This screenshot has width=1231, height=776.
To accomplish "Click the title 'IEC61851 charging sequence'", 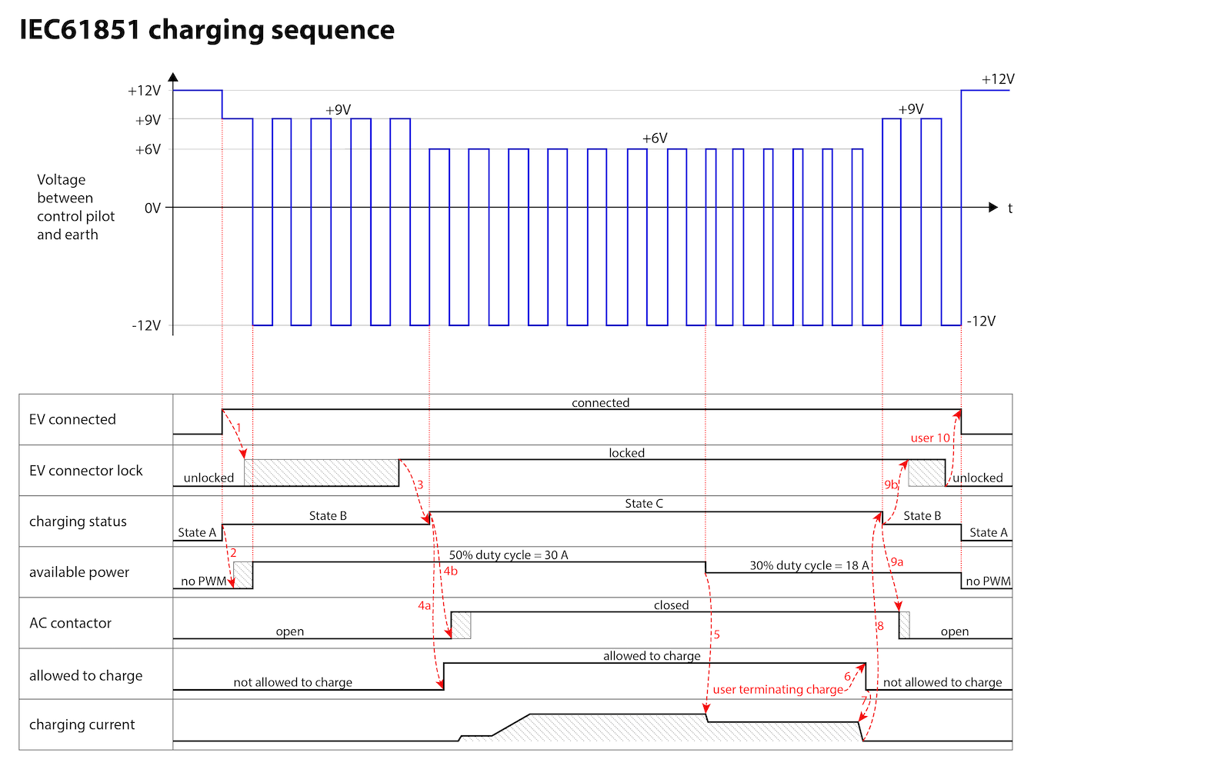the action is click(207, 30).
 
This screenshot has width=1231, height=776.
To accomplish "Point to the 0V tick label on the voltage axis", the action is click(153, 208).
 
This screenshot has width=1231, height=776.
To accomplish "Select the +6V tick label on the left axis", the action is click(148, 149).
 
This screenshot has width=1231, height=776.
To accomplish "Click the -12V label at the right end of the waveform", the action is click(981, 321).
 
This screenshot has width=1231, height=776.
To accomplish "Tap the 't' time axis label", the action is click(1010, 208).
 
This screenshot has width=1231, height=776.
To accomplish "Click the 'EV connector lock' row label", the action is click(85, 471).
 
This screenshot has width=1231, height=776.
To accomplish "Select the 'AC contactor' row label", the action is click(70, 623).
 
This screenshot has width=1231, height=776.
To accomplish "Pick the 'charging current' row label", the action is click(82, 725).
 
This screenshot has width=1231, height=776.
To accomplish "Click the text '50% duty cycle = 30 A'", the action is click(509, 555).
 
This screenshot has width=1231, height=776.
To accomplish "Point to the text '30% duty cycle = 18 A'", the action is click(809, 566).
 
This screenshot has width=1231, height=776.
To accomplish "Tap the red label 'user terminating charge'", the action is click(778, 690).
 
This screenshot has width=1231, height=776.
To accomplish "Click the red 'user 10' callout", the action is click(930, 438).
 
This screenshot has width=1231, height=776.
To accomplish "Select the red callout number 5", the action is click(716, 634).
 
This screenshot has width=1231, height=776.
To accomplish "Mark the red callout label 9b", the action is click(891, 485).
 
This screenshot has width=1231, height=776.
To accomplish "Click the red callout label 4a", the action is click(424, 606).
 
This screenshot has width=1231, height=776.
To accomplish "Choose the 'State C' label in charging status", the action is click(644, 504).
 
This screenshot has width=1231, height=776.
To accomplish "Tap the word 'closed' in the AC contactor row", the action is click(671, 605).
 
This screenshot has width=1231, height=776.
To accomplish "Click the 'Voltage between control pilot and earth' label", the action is click(76, 207).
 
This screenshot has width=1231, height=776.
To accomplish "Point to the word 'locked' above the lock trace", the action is click(626, 453).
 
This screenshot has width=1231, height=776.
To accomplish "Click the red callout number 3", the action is click(420, 485).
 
